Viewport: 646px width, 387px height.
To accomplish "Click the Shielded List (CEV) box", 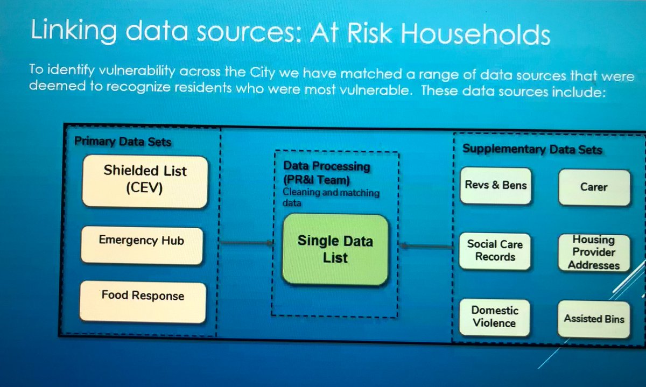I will pos(144,181).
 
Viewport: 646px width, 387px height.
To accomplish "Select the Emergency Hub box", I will pos(142,245).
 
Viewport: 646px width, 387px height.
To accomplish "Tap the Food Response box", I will pos(143,302).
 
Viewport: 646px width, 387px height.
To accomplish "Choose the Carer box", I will pos(594,187).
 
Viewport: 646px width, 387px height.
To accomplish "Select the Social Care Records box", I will pos(495,250).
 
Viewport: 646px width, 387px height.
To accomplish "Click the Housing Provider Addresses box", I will pos(594,252).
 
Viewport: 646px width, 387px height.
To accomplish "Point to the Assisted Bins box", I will pos(594,319).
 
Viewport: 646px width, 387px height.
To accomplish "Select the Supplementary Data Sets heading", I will pos(532,150).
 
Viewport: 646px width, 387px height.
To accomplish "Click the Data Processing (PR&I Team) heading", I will pos(326,172).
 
